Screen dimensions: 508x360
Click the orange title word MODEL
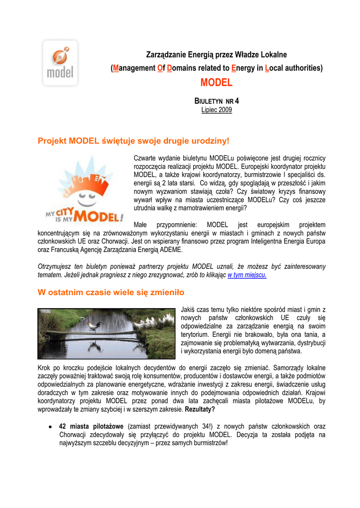pos(216,82)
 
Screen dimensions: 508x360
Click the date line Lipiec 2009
pos(216,109)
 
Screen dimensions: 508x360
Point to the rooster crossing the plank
pos(94,326)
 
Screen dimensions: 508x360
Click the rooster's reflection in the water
pos(94,342)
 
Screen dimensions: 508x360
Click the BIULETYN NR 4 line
pos(216,101)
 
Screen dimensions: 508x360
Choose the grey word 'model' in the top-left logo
pos(60,72)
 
